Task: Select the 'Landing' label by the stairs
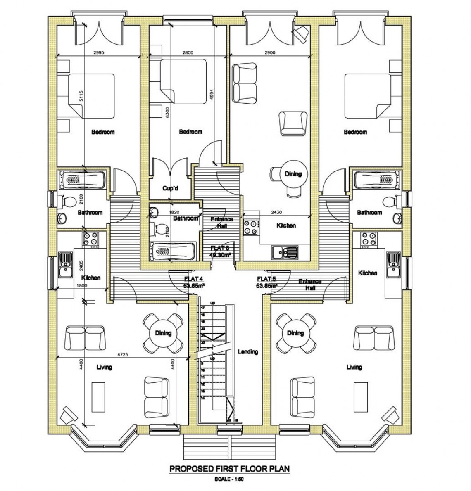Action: (x=248, y=352)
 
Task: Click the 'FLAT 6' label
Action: (x=219, y=248)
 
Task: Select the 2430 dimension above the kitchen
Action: (x=276, y=212)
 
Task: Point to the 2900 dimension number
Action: (x=270, y=52)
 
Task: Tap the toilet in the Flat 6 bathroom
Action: (x=155, y=228)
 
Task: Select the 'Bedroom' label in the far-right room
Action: (x=355, y=132)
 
